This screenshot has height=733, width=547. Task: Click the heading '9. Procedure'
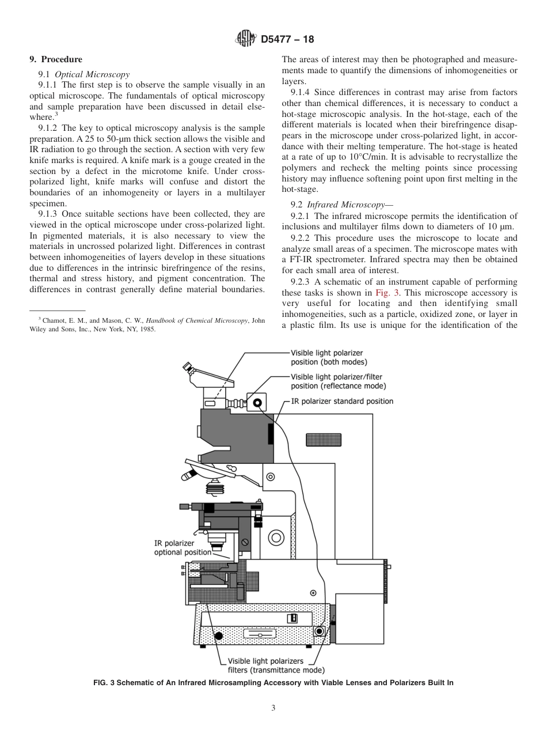tap(56, 59)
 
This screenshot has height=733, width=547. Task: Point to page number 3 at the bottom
tap(273, 708)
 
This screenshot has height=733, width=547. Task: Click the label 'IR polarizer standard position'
tap(342, 401)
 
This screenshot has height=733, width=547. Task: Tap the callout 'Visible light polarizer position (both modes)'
tap(329, 357)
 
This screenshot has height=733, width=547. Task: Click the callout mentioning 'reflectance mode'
tap(338, 381)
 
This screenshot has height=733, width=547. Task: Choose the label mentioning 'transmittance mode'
tap(276, 666)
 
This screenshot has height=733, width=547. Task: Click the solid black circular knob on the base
tap(218, 636)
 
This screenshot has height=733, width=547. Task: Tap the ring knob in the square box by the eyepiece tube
tap(256, 402)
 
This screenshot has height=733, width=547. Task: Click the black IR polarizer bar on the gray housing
tap(271, 433)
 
